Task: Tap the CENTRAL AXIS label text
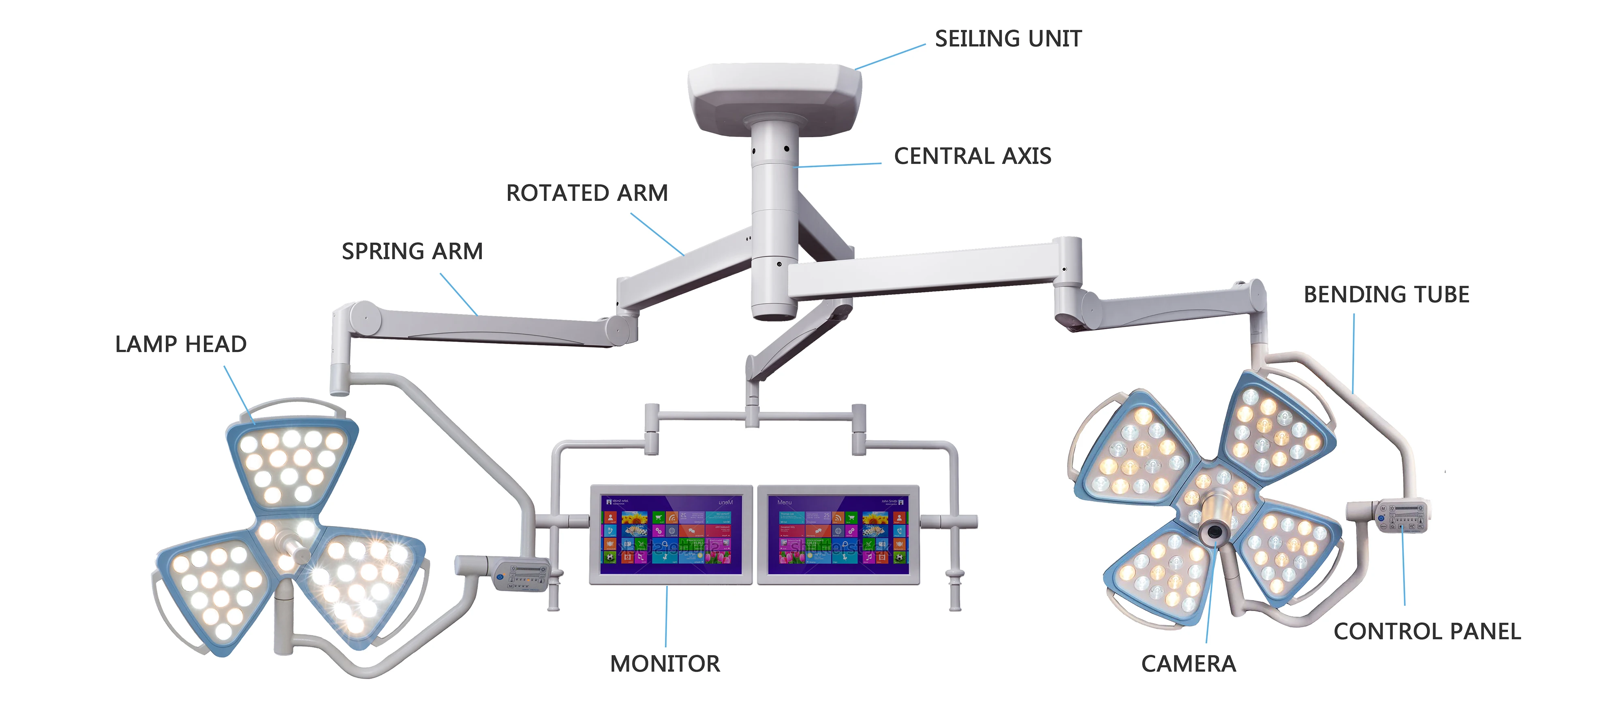point(972,156)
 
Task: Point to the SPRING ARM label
point(412,251)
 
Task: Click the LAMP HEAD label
point(181,345)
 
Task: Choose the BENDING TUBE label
point(1386,294)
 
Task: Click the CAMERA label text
point(1188,664)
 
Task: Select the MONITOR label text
point(665,664)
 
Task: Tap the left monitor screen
point(671,534)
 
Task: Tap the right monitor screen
point(838,534)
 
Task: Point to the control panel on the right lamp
point(1403,516)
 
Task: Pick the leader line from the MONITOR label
point(666,616)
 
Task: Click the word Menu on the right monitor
point(784,503)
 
